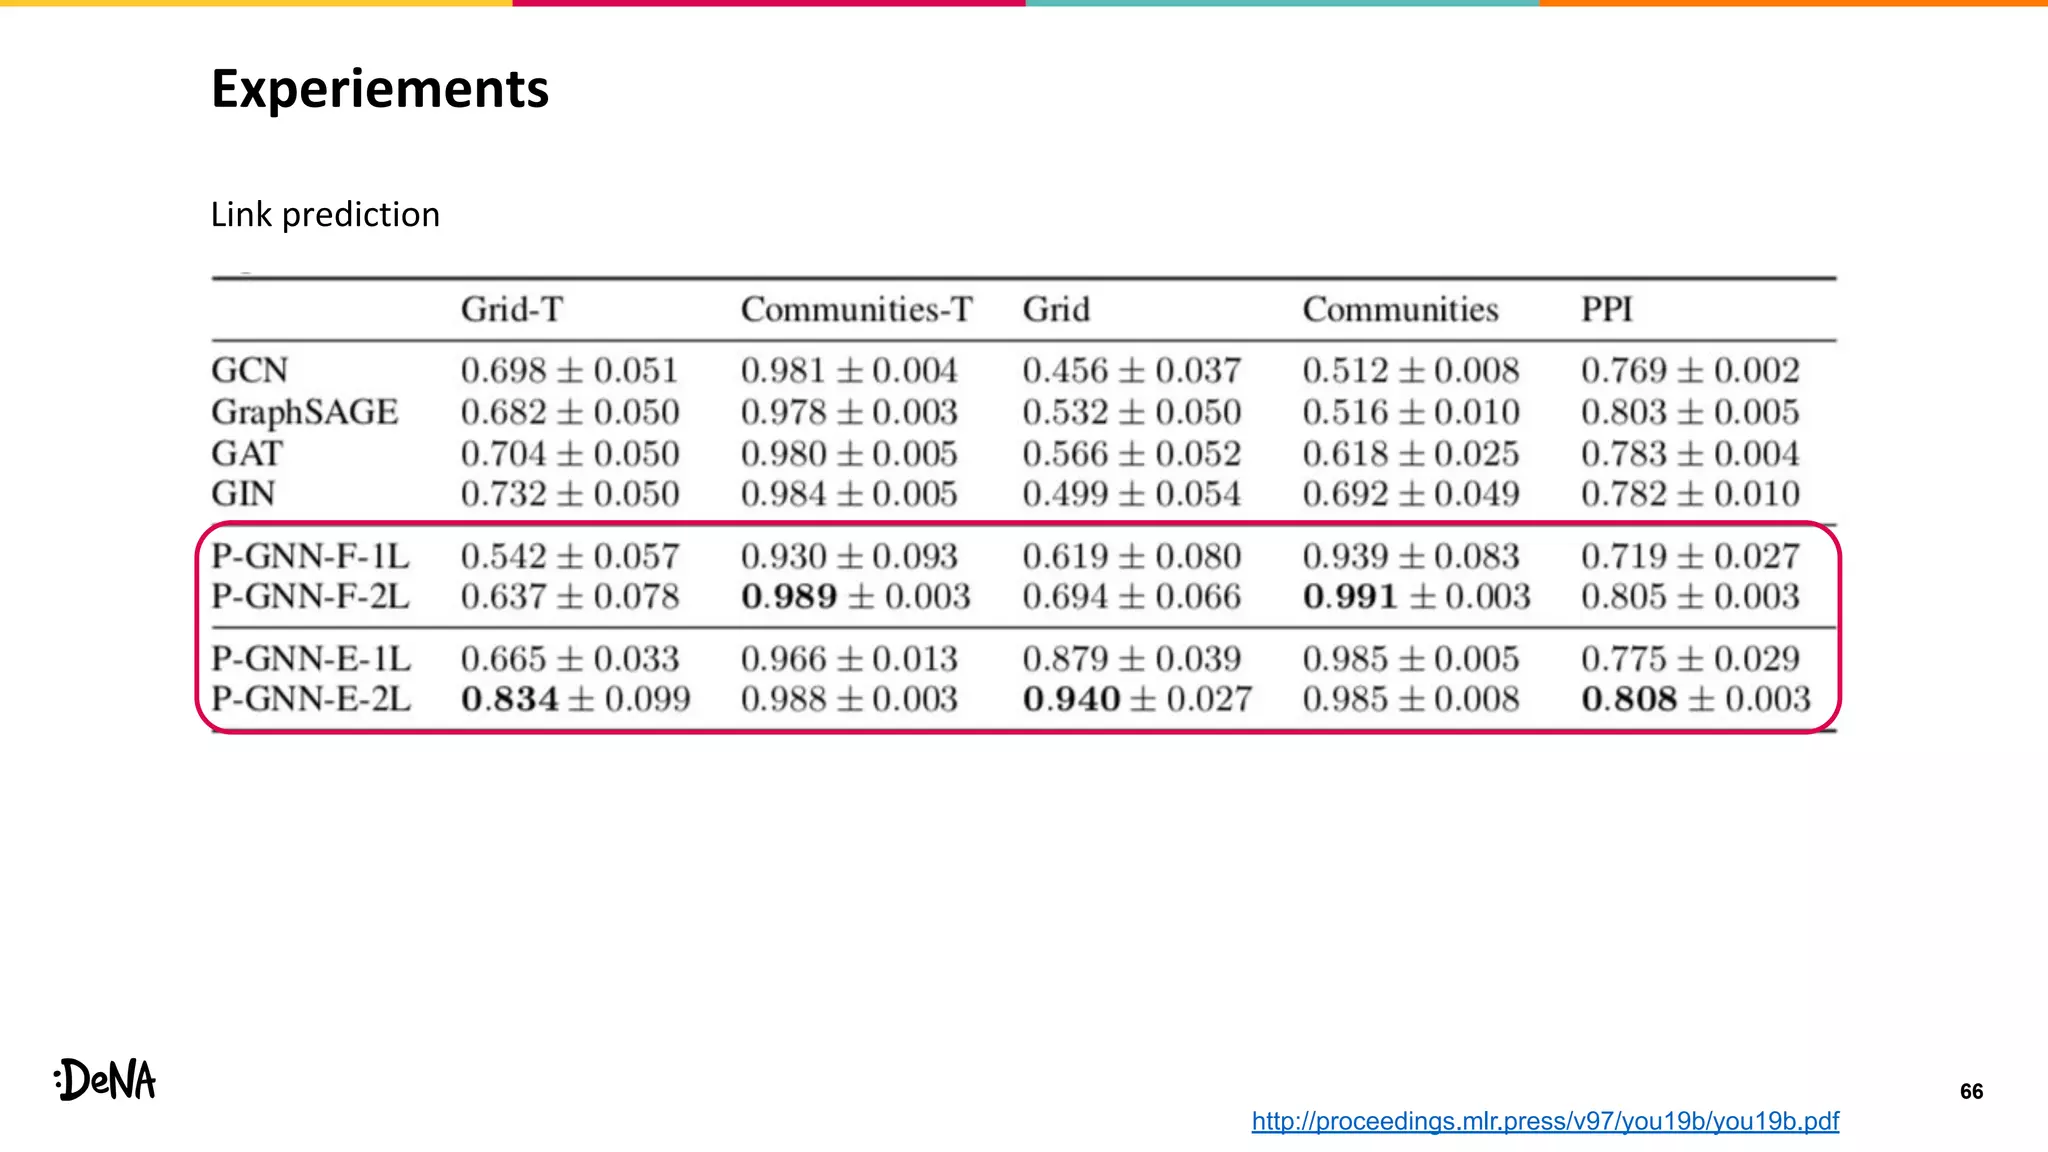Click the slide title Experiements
(380, 89)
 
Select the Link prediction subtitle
(325, 215)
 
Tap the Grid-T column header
(512, 310)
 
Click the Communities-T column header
(856, 310)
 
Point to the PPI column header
(1606, 310)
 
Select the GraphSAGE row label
(305, 412)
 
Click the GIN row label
(243, 494)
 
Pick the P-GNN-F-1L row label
(310, 556)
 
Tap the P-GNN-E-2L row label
(311, 698)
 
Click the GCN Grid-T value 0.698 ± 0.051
(569, 371)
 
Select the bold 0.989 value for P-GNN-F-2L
(789, 597)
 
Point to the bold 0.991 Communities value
(1350, 597)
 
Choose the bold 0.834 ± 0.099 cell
(575, 698)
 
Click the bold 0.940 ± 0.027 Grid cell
(1137, 698)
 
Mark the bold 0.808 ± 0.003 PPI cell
(1695, 698)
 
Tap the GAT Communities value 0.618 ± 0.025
(1410, 454)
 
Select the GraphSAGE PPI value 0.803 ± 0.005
(1690, 412)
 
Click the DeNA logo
(106, 1080)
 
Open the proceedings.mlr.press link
(1545, 1121)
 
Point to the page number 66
(1971, 1091)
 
